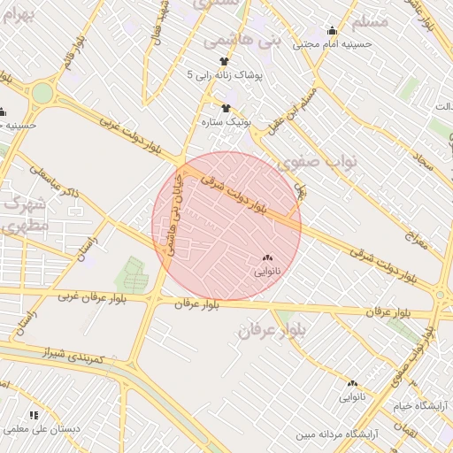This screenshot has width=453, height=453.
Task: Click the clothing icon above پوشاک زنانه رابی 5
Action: tap(225, 61)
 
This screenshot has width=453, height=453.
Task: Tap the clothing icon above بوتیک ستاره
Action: tap(226, 107)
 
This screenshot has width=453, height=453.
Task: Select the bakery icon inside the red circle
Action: tap(267, 257)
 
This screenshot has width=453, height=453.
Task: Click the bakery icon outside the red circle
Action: tap(352, 383)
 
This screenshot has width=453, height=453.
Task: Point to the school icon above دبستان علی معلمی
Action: tap(34, 414)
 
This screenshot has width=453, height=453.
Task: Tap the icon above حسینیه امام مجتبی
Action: tap(332, 29)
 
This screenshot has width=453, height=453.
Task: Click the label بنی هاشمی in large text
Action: tap(242, 41)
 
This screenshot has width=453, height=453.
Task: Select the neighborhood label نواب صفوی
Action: tap(308, 163)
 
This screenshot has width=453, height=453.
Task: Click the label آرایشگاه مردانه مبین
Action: tap(330, 434)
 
